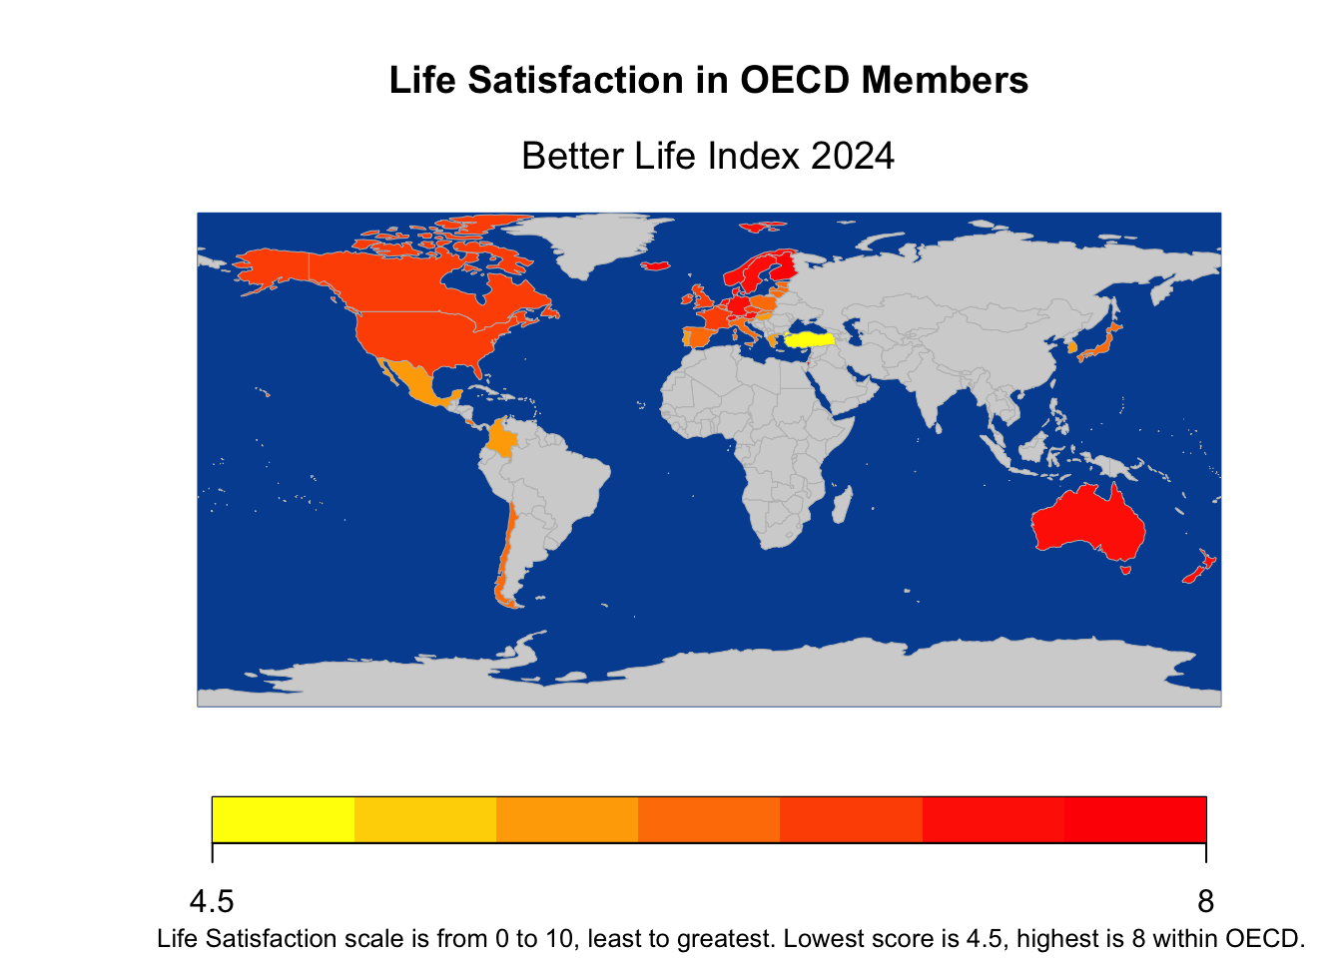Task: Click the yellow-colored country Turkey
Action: pyautogui.click(x=811, y=339)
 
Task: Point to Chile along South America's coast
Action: pyautogui.click(x=506, y=559)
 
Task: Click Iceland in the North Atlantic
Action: pyautogui.click(x=656, y=265)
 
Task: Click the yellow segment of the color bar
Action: pyautogui.click(x=284, y=819)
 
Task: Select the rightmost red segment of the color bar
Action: pyautogui.click(x=1135, y=819)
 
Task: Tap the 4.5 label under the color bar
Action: pyautogui.click(x=212, y=902)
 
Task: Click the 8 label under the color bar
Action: pyautogui.click(x=1206, y=902)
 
